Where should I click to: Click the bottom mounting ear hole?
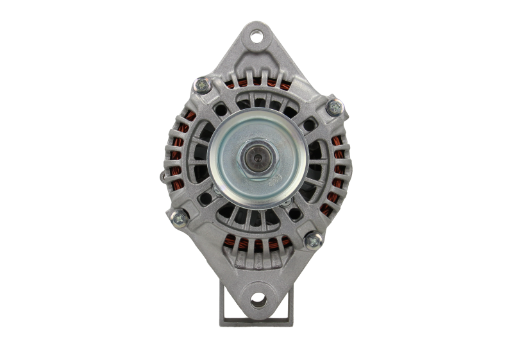[258, 298]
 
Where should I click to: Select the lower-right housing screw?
[313, 241]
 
